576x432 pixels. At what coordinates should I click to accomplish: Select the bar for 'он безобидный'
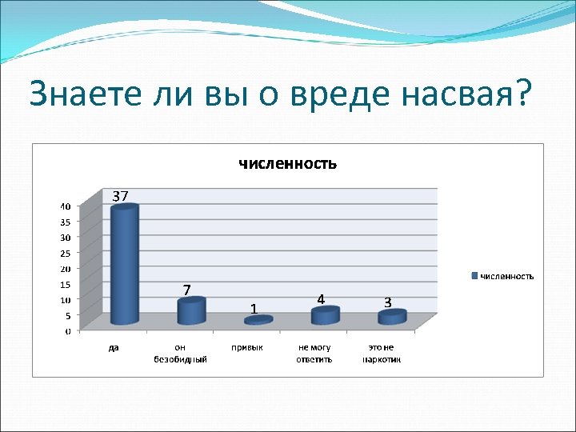click(191, 311)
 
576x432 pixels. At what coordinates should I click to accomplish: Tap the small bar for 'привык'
click(258, 320)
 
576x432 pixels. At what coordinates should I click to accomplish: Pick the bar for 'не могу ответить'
click(325, 316)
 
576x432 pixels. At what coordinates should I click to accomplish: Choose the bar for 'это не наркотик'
click(392, 318)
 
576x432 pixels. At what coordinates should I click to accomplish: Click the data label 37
click(121, 196)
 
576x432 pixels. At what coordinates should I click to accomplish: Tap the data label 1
click(253, 308)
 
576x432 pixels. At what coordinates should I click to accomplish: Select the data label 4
click(320, 299)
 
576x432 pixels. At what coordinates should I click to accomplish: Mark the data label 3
click(387, 302)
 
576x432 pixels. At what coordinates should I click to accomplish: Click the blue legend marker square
click(475, 276)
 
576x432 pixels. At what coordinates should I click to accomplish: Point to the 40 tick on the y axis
click(65, 206)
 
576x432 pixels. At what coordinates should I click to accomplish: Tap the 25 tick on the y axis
click(65, 253)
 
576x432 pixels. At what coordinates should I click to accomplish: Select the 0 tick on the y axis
click(67, 330)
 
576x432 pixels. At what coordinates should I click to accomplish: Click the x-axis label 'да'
click(114, 348)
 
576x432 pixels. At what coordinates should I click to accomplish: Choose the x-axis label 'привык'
click(248, 348)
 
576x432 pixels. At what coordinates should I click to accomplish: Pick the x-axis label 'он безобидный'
click(181, 354)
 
